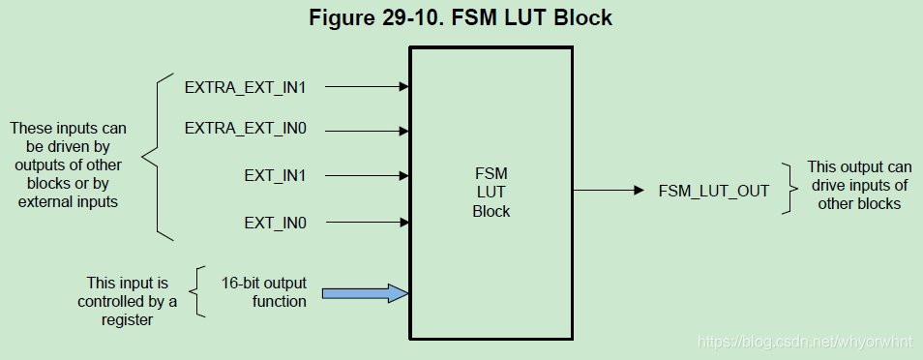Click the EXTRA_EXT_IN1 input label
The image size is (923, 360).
pyautogui.click(x=246, y=86)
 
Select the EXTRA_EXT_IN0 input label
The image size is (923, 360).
pyautogui.click(x=246, y=128)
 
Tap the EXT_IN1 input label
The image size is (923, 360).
pyautogui.click(x=275, y=176)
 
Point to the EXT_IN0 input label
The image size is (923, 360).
pyautogui.click(x=275, y=224)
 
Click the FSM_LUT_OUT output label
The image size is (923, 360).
pyautogui.click(x=714, y=191)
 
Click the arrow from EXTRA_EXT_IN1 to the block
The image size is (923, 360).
pyautogui.click(x=367, y=86)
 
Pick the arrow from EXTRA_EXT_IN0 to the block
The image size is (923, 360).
pyautogui.click(x=367, y=128)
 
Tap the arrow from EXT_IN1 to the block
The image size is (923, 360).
pyautogui.click(x=367, y=176)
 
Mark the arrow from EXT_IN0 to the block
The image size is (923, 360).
pyautogui.click(x=367, y=224)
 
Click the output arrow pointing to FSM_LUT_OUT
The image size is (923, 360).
pyautogui.click(x=610, y=191)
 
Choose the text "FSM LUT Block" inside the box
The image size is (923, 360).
pyautogui.click(x=491, y=191)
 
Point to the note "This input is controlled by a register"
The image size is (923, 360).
pyautogui.click(x=128, y=301)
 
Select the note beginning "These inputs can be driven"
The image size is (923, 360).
pyautogui.click(x=68, y=165)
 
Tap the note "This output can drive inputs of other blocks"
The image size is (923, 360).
pyautogui.click(x=859, y=185)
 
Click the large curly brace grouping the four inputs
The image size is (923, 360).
pyautogui.click(x=154, y=155)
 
